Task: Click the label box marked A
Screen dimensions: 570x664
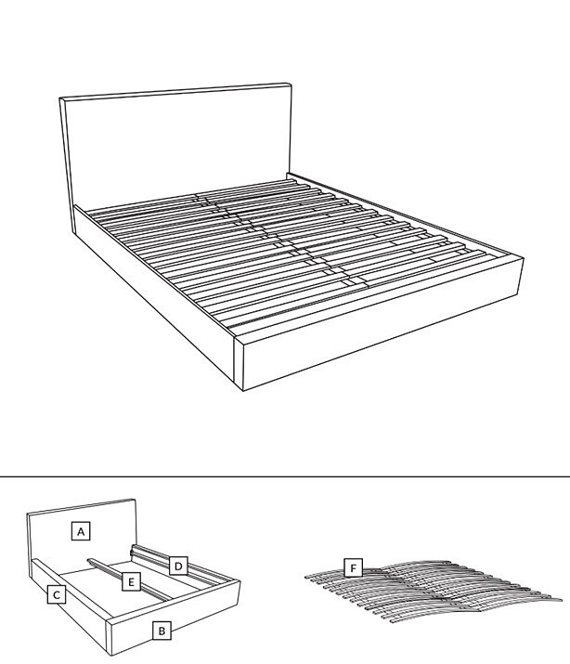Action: (x=81, y=531)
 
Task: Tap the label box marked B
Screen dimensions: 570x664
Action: (x=162, y=631)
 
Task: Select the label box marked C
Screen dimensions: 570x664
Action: (x=57, y=594)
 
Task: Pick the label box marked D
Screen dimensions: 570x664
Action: (x=178, y=566)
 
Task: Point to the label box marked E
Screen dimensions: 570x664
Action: (x=131, y=581)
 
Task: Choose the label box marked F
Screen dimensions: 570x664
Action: (x=354, y=567)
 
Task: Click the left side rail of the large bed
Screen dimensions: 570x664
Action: (x=154, y=296)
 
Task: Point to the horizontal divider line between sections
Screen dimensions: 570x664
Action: (x=285, y=476)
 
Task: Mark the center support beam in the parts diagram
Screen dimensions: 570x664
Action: (x=129, y=579)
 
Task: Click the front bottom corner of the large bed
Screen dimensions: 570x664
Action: (x=243, y=391)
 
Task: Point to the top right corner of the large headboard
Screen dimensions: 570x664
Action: (x=291, y=84)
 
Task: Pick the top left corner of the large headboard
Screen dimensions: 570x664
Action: (x=59, y=98)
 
